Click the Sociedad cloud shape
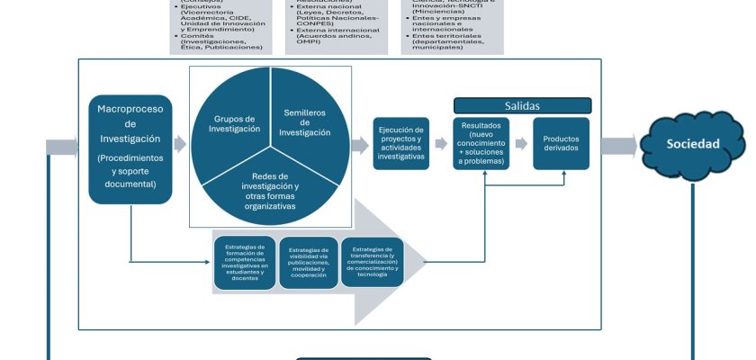coord(692,144)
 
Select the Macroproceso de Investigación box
coord(130,148)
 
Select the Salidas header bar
coord(522,106)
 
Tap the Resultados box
coord(484,143)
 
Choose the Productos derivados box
coord(561,143)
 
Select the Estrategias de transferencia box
coord(372,261)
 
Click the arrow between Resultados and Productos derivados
coord(521,144)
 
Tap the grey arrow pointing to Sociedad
coord(619,144)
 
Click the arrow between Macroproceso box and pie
coord(180,144)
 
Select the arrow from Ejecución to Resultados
coord(441,144)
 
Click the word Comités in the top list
coord(195,36)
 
